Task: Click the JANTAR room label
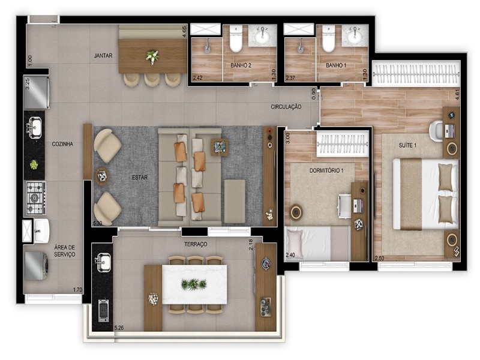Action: (x=104, y=56)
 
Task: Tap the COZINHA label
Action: (x=62, y=144)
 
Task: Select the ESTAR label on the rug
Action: (x=140, y=177)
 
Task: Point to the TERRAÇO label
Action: (x=196, y=244)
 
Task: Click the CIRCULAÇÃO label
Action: (x=286, y=107)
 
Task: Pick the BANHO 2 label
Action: (x=241, y=65)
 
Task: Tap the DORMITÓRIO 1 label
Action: (x=326, y=170)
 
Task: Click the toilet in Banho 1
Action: (x=328, y=40)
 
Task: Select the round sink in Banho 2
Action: (x=262, y=37)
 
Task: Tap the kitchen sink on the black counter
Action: (x=34, y=127)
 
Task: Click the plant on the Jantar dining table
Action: (x=152, y=57)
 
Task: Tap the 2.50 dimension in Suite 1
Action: (x=379, y=258)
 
